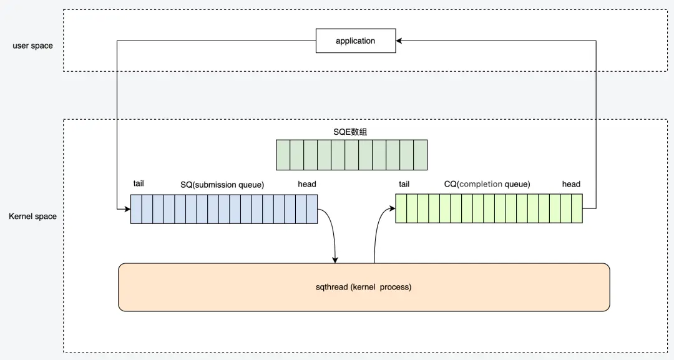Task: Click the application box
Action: click(356, 41)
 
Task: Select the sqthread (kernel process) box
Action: click(364, 287)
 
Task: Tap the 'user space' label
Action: click(32, 46)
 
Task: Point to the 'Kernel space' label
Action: click(32, 216)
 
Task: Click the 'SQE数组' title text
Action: click(351, 132)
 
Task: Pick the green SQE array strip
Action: click(351, 155)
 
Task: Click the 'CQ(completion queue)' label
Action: click(487, 184)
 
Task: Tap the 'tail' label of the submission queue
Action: click(139, 183)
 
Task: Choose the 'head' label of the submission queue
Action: click(307, 184)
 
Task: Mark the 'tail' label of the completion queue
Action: click(404, 184)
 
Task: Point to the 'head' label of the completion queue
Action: click(571, 184)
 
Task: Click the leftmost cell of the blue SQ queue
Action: click(136, 208)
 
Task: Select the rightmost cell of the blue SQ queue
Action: click(311, 208)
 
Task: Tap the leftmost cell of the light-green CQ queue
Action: click(401, 208)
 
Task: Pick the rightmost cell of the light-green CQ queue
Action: click(577, 208)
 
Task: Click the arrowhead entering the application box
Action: click(399, 41)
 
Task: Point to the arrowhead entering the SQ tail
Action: click(127, 208)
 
